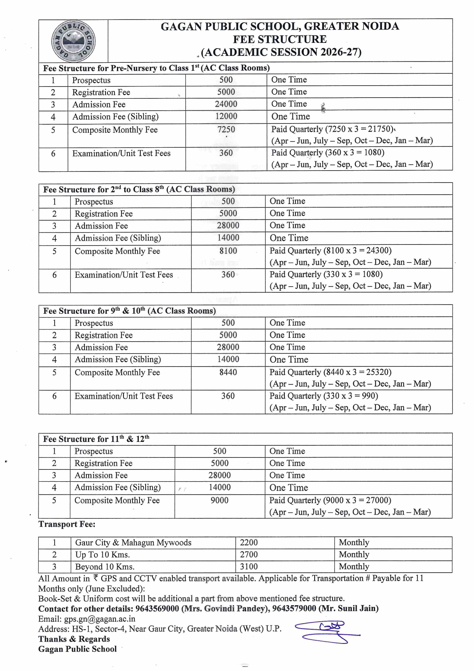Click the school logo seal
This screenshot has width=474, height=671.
[73, 41]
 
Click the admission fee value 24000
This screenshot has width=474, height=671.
[226, 104]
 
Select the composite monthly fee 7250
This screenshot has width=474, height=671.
[226, 130]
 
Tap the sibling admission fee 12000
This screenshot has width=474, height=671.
[226, 116]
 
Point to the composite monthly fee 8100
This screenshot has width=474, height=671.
[228, 251]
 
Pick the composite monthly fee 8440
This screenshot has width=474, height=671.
[228, 372]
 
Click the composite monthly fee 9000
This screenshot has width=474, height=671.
[219, 500]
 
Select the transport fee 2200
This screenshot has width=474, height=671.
[249, 542]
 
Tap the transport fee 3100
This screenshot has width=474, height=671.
[249, 567]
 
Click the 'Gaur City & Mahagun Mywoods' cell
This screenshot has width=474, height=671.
[133, 542]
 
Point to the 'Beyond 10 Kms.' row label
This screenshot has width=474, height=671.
[105, 567]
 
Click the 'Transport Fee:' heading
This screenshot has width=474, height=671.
[67, 524]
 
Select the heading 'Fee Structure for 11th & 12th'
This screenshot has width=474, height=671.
[96, 439]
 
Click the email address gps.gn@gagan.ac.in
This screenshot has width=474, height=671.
[99, 619]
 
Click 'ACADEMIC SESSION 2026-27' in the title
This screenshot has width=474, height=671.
[281, 52]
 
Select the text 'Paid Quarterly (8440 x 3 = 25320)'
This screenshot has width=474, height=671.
[330, 372]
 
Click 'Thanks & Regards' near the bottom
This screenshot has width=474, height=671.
[74, 639]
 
